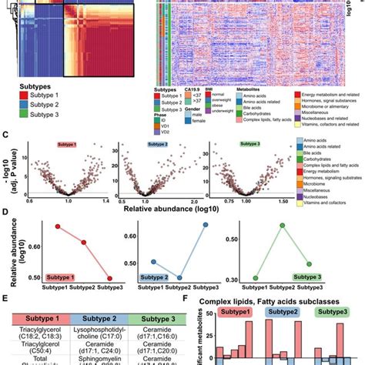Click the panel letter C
coord(5,135)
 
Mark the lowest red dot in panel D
coord(110,278)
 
